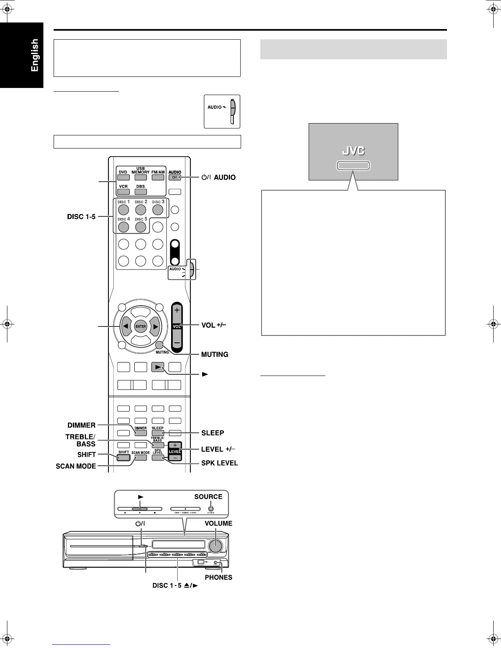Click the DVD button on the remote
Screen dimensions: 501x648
point(123,178)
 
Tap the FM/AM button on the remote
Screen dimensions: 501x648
point(158,178)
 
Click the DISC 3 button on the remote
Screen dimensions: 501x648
point(158,210)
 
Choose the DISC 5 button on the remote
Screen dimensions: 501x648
point(140,227)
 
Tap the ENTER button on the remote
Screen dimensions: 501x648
point(140,326)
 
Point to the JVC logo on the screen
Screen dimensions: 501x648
point(353,151)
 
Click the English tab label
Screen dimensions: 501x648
point(34,55)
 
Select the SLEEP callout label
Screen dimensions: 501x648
point(212,433)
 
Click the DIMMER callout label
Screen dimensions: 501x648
point(81,425)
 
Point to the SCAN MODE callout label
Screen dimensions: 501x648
point(76,466)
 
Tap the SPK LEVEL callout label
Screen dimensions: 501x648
point(219,463)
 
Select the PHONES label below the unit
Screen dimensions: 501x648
point(219,578)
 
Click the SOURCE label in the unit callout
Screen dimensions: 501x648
point(208,497)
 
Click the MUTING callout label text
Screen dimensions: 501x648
point(214,354)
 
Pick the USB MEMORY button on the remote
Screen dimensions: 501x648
point(140,178)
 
